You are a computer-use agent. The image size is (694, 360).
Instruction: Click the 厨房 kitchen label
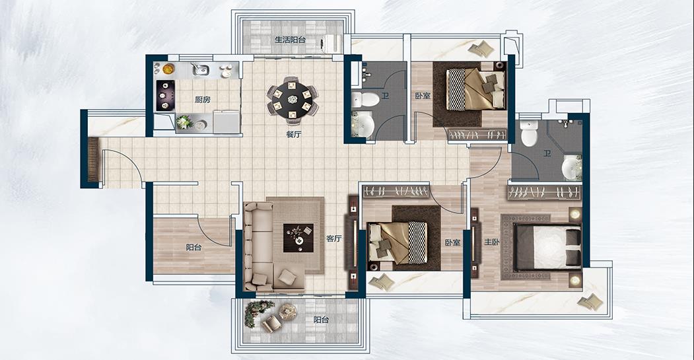[202, 100]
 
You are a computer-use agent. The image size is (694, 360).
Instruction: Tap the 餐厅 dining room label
[293, 135]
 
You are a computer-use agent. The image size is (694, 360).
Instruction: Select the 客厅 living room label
[334, 238]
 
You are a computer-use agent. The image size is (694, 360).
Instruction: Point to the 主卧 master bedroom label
[492, 242]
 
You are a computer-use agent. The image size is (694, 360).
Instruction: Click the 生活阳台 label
[290, 40]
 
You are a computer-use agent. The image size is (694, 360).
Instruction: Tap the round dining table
[293, 99]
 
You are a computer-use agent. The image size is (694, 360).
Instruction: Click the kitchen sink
[201, 69]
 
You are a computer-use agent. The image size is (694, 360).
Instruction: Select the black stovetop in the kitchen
[165, 95]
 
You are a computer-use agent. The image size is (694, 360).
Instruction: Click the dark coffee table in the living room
[298, 238]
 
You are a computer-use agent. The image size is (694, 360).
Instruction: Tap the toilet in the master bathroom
[530, 132]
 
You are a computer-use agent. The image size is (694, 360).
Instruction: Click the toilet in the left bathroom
[365, 98]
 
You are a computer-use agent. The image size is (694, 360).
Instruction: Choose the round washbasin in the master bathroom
[571, 167]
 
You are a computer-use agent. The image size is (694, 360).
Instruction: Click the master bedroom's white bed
[547, 246]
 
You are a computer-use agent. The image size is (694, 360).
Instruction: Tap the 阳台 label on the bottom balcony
[321, 320]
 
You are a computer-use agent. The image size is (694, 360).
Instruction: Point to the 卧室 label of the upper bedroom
[423, 96]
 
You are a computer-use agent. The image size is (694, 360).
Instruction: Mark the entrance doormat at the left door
[93, 159]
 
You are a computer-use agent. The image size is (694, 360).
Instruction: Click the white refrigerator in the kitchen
[226, 121]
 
